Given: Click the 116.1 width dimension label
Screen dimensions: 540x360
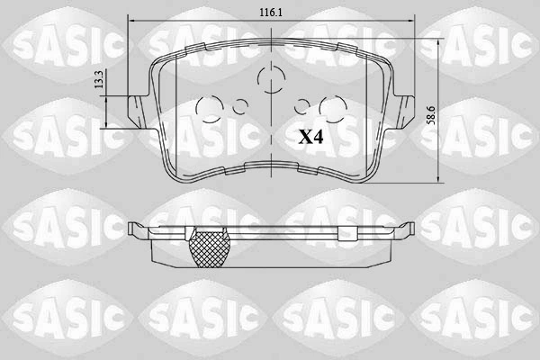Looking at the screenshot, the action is click(271, 13).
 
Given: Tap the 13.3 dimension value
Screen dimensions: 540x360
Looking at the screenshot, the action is click(99, 79).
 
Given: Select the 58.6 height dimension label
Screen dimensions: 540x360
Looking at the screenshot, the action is click(430, 115).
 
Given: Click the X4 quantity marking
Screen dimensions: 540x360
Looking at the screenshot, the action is click(310, 137).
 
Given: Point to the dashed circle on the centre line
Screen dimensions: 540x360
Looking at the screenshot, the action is click(272, 79).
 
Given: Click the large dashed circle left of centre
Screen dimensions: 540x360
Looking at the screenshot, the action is click(210, 109).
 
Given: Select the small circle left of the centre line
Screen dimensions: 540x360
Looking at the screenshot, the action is click(240, 107).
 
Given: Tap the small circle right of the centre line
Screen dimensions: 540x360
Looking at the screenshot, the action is click(302, 106).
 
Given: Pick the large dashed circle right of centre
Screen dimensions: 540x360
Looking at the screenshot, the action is click(332, 109).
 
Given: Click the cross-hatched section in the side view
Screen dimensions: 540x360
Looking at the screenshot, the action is click(210, 248).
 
